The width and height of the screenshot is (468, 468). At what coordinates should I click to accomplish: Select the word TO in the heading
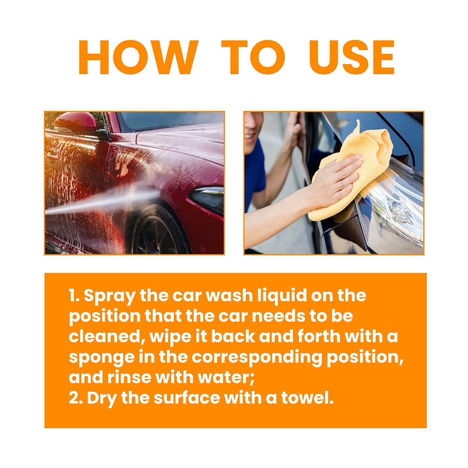[x=253, y=58]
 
